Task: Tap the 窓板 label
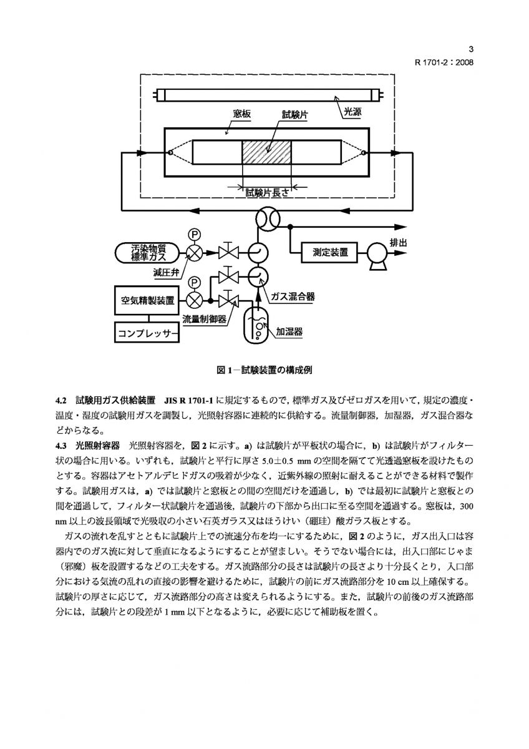pos(241,114)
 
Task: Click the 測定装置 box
pos(331,253)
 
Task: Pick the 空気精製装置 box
pos(148,300)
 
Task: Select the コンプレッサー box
pos(148,332)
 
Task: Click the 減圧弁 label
pos(166,273)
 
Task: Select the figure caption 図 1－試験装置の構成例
pos(264,370)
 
